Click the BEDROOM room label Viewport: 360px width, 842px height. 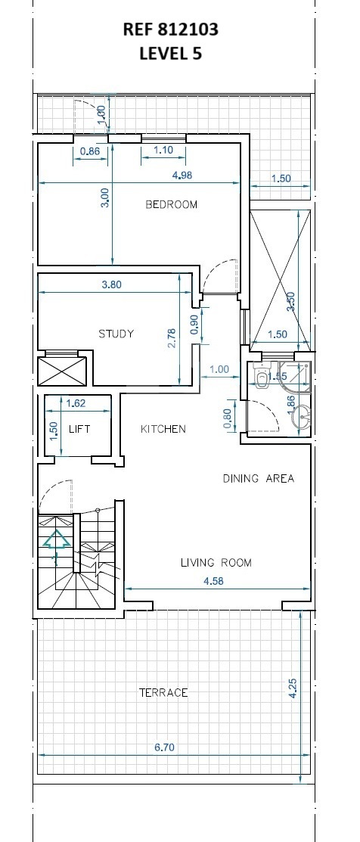[x=172, y=204]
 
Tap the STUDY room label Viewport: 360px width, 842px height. [x=116, y=334]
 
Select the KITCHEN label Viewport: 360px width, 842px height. [x=163, y=429]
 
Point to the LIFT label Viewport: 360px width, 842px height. [x=79, y=429]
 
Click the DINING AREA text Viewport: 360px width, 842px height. [x=259, y=478]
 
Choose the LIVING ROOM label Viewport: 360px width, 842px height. [x=216, y=563]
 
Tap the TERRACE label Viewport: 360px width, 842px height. [x=163, y=693]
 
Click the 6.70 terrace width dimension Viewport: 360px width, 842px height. [x=164, y=747]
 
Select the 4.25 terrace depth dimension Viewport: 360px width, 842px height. [x=293, y=688]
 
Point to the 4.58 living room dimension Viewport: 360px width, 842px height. [x=213, y=580]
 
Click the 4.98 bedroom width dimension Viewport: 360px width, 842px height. [x=182, y=175]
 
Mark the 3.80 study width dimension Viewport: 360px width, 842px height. [x=112, y=284]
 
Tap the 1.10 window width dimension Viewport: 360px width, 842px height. [x=163, y=151]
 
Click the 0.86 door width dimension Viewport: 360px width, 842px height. [x=90, y=151]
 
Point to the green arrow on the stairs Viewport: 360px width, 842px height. [x=56, y=539]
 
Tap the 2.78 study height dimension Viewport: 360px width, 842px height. [x=172, y=339]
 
